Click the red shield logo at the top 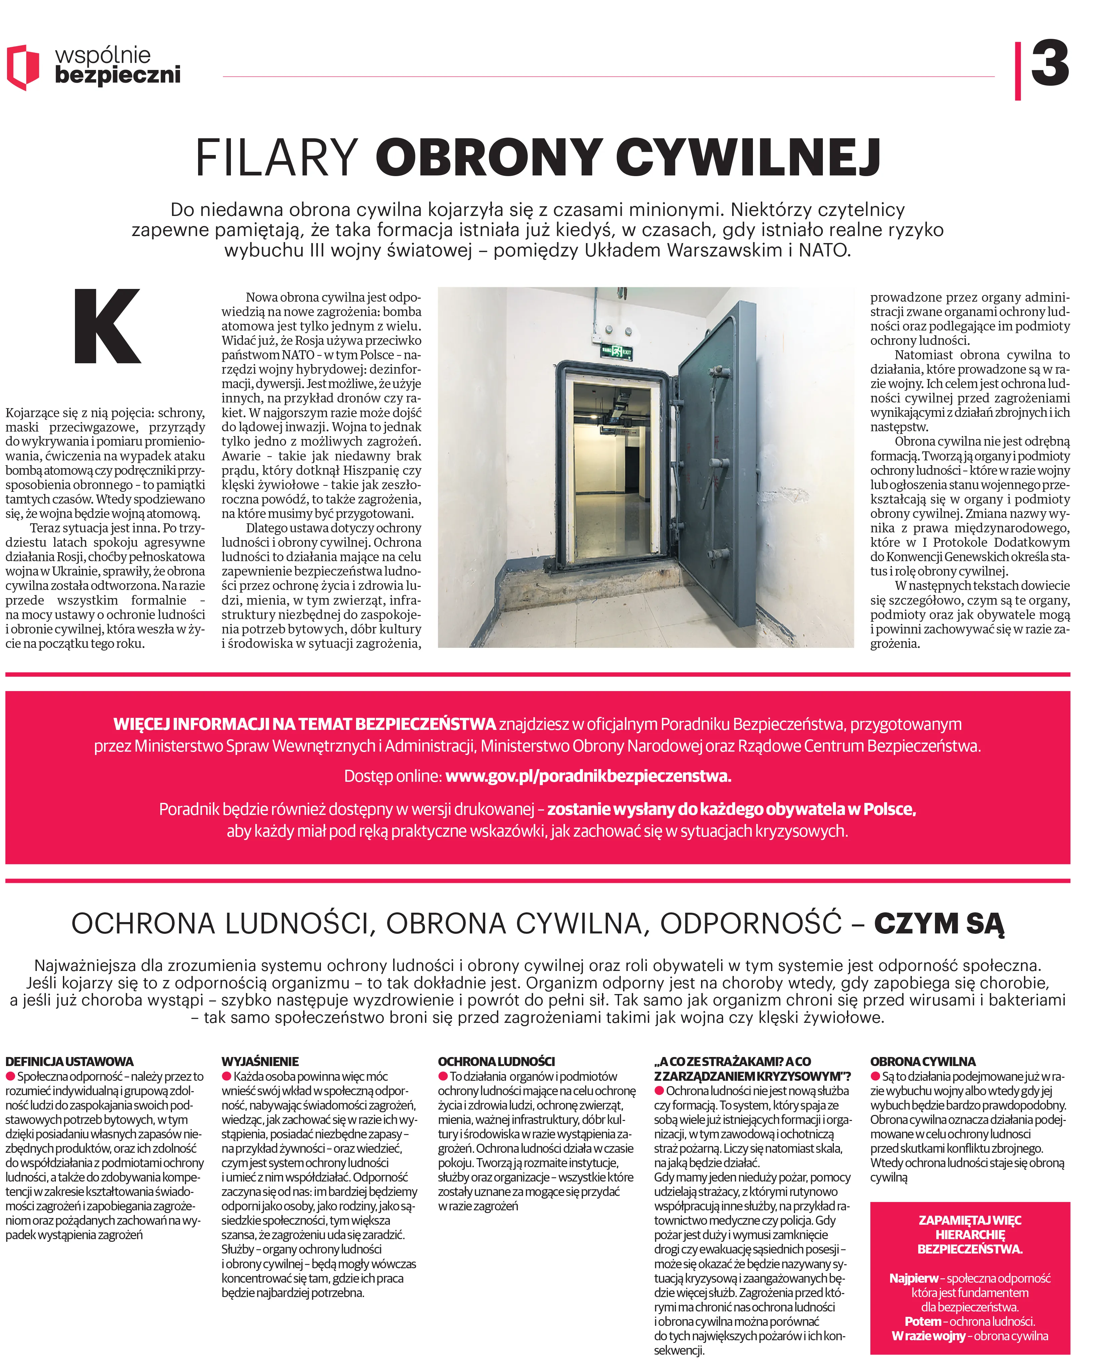tap(22, 67)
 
